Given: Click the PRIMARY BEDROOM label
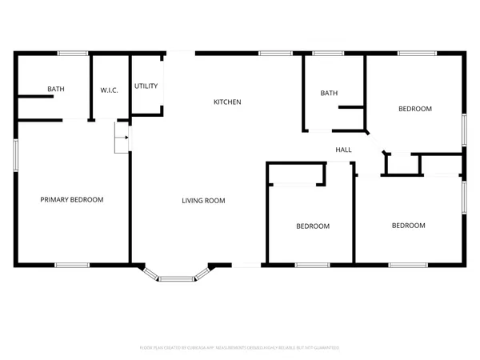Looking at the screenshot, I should click(x=72, y=199).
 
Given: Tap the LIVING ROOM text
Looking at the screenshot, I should click(x=203, y=200).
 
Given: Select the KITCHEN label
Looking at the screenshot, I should click(x=227, y=102).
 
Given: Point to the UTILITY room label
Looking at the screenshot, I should click(x=146, y=86).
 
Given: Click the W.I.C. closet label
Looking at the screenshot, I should click(x=110, y=90).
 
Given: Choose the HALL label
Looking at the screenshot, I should click(x=343, y=150).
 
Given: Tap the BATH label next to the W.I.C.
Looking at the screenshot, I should click(x=55, y=89).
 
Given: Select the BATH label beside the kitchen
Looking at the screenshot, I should click(x=329, y=93).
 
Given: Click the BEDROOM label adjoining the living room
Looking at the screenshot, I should click(x=313, y=226).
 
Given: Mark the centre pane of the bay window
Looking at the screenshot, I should click(x=177, y=279).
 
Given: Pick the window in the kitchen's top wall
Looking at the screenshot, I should click(x=274, y=54).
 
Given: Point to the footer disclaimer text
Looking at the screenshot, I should click(x=240, y=348).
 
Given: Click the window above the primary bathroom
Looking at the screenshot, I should click(x=72, y=54).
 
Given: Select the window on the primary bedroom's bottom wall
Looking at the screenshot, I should click(x=72, y=265).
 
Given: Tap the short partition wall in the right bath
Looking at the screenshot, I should click(x=351, y=106).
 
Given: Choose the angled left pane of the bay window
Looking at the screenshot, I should click(x=150, y=272).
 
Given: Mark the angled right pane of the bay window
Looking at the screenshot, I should click(x=203, y=272).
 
